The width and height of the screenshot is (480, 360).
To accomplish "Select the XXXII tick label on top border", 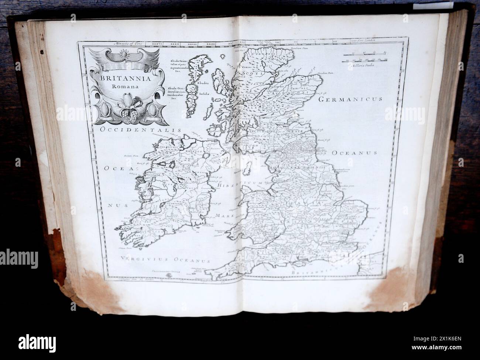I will [x=174, y=44].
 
